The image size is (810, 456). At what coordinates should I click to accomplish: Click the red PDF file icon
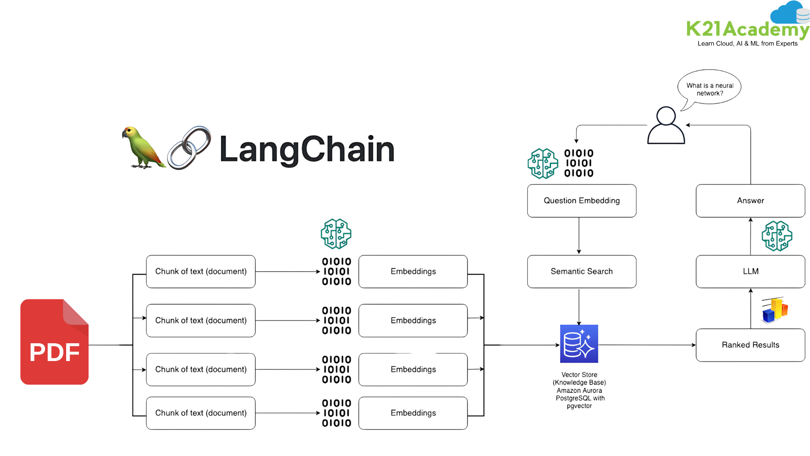pyautogui.click(x=54, y=342)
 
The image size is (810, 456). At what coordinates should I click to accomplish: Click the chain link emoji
pyautogui.click(x=189, y=148)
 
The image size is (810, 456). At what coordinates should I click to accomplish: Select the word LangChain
pyautogui.click(x=307, y=149)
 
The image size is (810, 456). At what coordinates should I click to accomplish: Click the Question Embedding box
pyautogui.click(x=581, y=201)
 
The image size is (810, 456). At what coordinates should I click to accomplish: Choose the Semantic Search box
pyautogui.click(x=581, y=271)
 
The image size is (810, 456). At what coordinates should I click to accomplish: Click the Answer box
pyautogui.click(x=750, y=201)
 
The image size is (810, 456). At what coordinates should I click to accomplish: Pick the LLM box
pyautogui.click(x=750, y=271)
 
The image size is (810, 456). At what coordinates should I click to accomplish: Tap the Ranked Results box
pyautogui.click(x=750, y=345)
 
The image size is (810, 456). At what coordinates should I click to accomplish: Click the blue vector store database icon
pyautogui.click(x=579, y=344)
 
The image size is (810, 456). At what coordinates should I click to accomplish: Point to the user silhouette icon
pyautogui.click(x=666, y=126)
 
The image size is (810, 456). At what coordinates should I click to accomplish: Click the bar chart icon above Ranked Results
pyautogui.click(x=775, y=311)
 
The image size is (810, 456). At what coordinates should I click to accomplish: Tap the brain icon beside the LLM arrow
pyautogui.click(x=777, y=236)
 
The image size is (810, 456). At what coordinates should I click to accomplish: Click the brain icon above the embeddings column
pyautogui.click(x=336, y=233)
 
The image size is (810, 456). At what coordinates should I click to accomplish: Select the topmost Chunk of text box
pyautogui.click(x=201, y=271)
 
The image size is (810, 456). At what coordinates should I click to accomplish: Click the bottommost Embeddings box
pyautogui.click(x=413, y=413)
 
